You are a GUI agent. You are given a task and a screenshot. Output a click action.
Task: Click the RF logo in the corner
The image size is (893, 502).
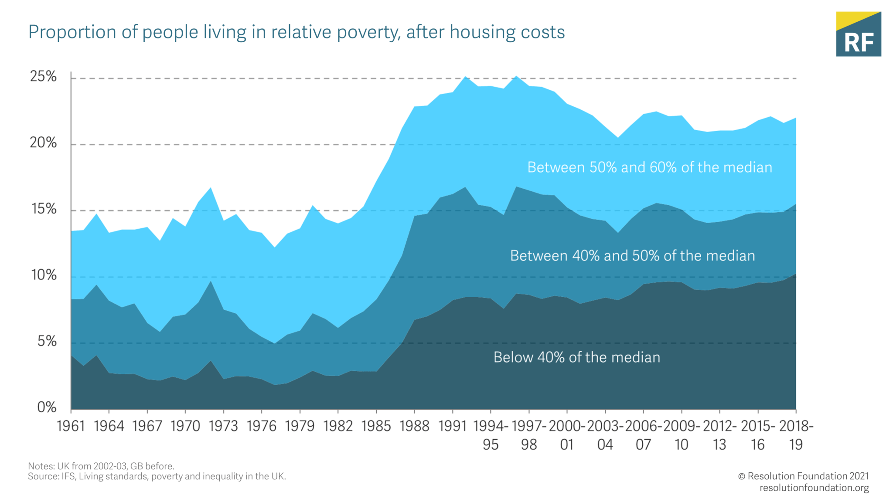[x=858, y=34]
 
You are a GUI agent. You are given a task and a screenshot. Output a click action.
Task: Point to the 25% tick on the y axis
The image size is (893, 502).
[x=44, y=77]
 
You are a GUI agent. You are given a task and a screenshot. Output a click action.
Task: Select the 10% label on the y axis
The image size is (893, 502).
[x=44, y=275]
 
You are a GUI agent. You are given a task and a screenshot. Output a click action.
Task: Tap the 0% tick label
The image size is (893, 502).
[x=47, y=407]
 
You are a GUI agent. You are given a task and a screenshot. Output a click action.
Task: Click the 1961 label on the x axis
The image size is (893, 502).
[x=71, y=426]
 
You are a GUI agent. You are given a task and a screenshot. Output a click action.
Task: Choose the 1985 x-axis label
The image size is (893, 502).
[x=376, y=426]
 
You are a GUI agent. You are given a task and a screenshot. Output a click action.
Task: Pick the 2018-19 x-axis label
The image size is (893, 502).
[x=796, y=435]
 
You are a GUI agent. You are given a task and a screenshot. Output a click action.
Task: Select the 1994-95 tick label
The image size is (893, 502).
[x=491, y=435]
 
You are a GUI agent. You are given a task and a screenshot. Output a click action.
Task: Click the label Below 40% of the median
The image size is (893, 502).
[x=576, y=357]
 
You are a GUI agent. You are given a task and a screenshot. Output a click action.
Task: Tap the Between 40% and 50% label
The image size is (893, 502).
[x=632, y=256]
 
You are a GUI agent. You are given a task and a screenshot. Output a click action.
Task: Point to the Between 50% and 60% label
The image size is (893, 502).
[x=649, y=167]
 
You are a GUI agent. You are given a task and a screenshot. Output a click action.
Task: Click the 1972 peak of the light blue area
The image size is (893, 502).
[x=211, y=188]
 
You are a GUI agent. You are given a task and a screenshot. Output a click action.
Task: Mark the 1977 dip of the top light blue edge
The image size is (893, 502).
[x=275, y=248]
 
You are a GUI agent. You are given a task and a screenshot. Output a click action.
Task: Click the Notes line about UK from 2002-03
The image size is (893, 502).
[x=101, y=466]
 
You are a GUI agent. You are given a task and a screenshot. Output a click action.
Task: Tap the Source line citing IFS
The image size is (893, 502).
[x=157, y=476]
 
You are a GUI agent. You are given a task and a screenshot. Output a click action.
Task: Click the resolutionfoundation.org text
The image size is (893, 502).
[x=814, y=488]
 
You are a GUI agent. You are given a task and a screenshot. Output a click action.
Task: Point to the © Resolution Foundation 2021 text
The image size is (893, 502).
[x=803, y=476]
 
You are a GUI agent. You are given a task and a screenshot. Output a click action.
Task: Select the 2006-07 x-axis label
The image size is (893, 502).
[x=643, y=435]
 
